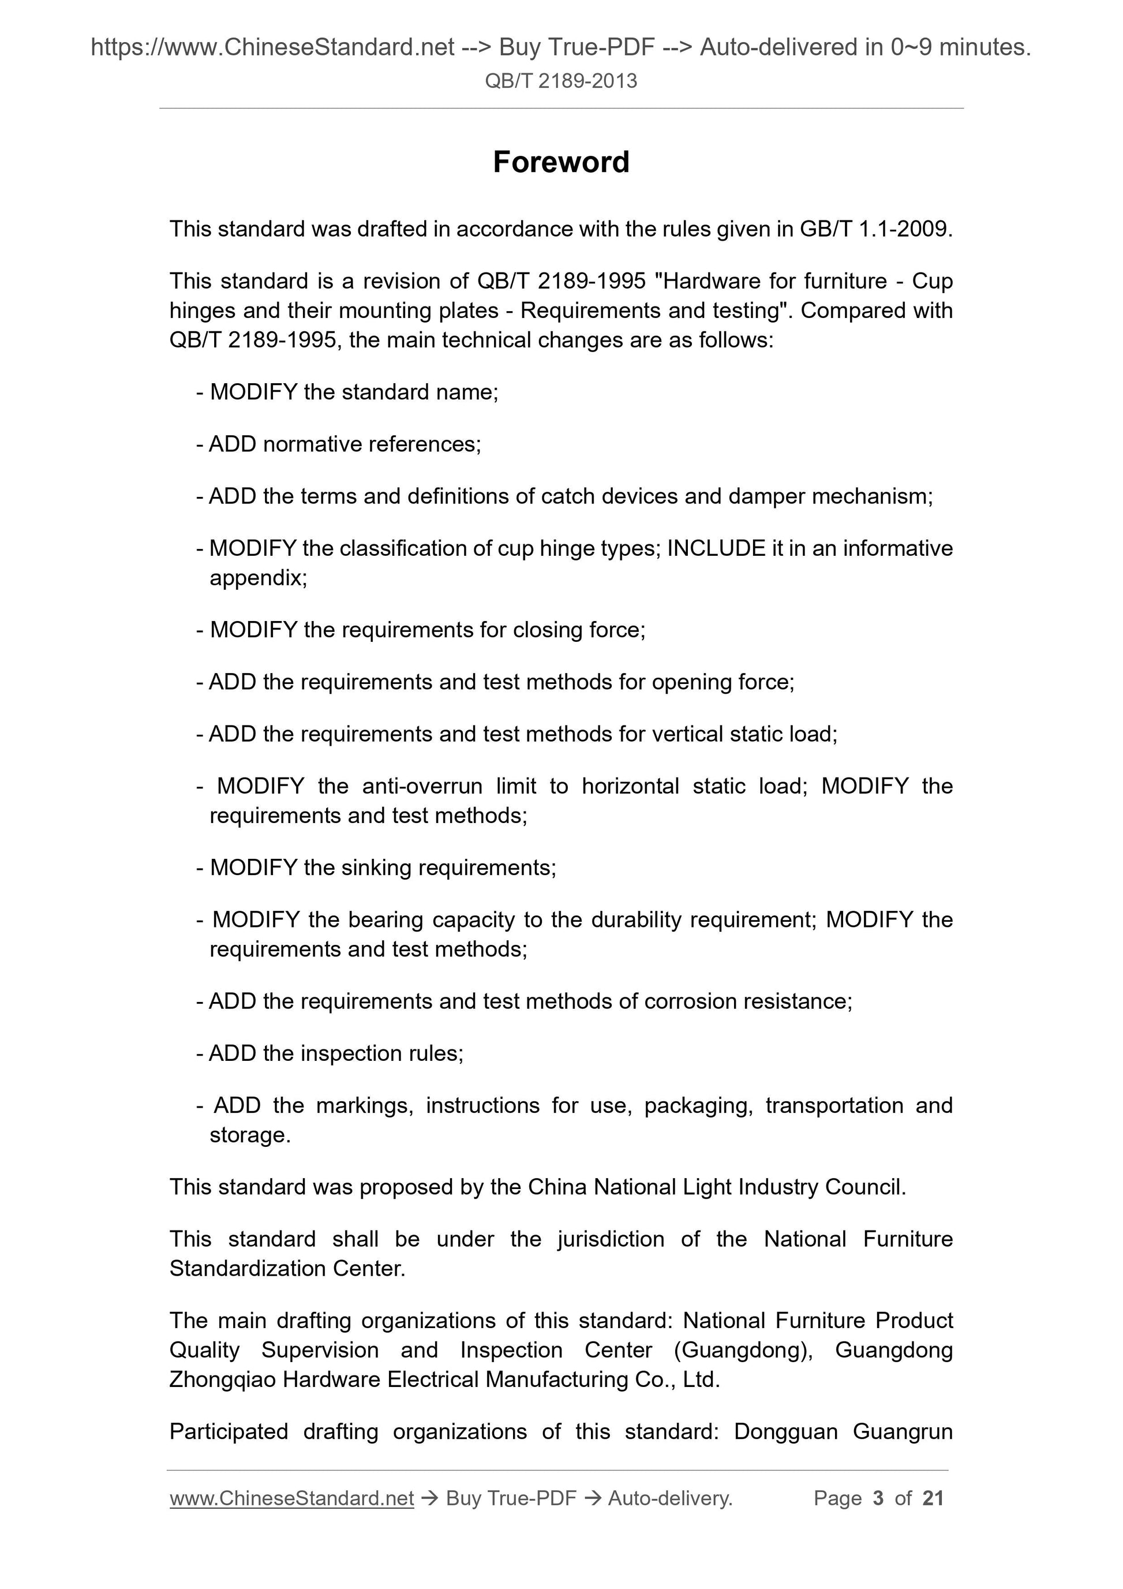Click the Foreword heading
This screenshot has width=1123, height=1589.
561,162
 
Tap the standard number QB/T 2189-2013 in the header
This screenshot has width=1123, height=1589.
561,81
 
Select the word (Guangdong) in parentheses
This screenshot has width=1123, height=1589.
743,1349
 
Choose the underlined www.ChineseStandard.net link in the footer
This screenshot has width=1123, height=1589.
291,1498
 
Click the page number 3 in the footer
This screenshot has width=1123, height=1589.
878,1498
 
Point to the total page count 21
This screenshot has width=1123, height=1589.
933,1498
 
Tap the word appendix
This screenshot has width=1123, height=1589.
257,577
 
